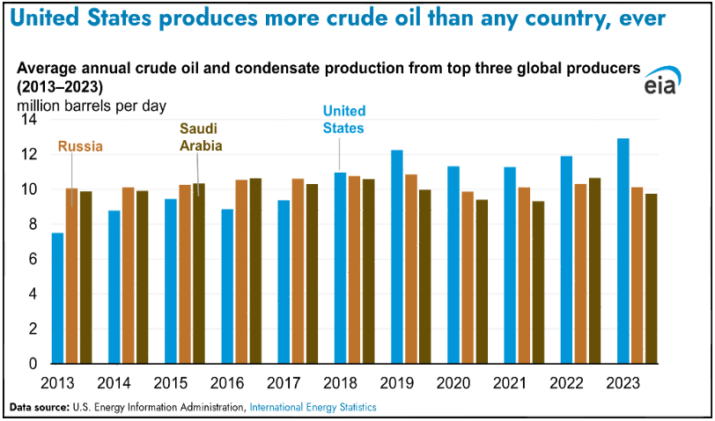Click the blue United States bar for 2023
[x=623, y=251]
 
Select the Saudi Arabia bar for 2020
[x=481, y=281]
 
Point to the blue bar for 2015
[x=171, y=281]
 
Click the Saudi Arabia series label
[x=201, y=137]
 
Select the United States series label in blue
[x=343, y=119]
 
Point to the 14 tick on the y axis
[x=27, y=120]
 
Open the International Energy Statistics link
[x=313, y=407]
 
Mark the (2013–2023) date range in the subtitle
[x=59, y=88]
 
